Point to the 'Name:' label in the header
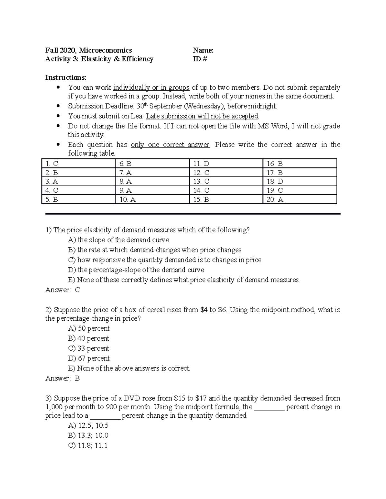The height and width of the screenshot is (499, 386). (x=203, y=50)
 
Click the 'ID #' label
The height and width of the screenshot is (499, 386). (x=200, y=59)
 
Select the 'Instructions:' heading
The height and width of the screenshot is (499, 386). (x=66, y=77)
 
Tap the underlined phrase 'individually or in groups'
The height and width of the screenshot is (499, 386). (x=151, y=87)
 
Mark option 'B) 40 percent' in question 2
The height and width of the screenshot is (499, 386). (x=89, y=338)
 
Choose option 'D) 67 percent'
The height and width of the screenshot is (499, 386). (x=89, y=358)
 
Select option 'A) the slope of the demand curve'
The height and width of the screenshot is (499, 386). (x=119, y=240)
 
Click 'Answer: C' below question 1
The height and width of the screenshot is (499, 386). (x=62, y=290)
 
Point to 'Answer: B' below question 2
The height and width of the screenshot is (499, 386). (x=62, y=378)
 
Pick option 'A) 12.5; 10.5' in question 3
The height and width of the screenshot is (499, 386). (x=88, y=425)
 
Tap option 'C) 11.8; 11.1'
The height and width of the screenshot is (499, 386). (x=88, y=445)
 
